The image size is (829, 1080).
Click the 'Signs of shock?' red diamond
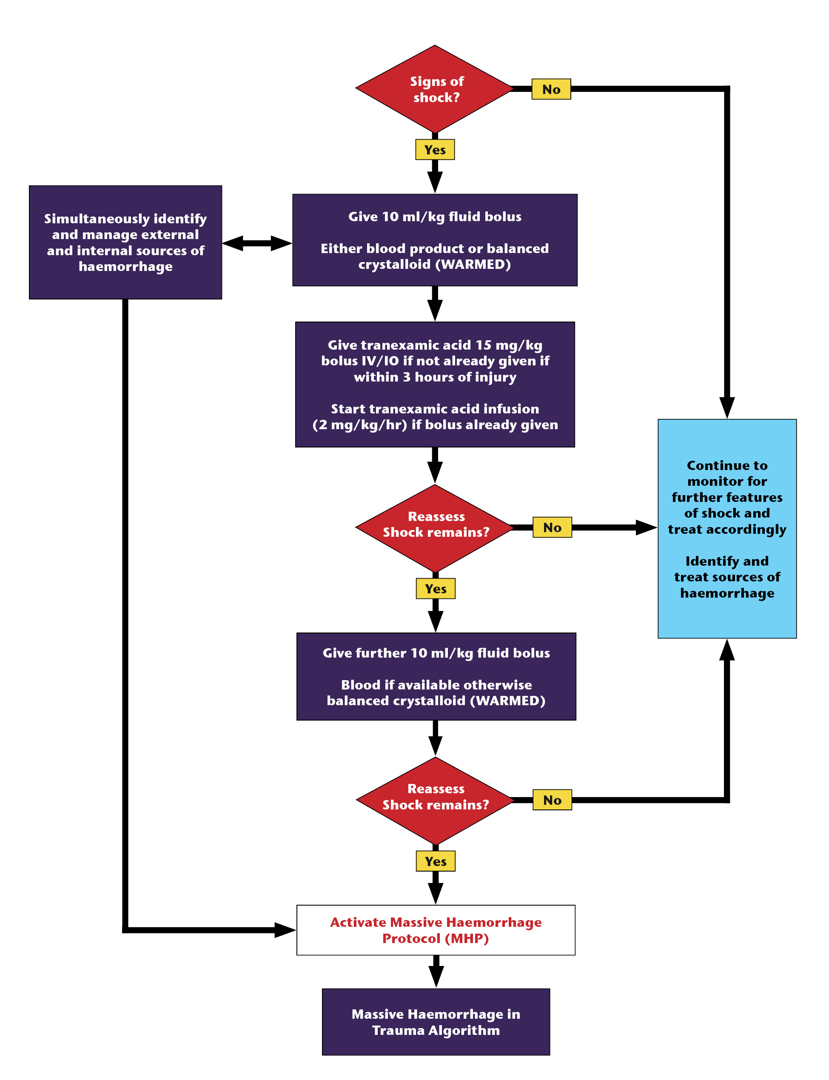(435, 89)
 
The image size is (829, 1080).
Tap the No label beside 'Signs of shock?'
(551, 89)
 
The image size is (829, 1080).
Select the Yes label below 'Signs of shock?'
(435, 149)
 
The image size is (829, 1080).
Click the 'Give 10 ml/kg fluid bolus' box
(435, 240)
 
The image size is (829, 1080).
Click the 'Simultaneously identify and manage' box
(125, 242)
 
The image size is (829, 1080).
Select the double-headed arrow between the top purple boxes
(256, 243)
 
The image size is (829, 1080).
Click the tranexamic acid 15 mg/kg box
(435, 385)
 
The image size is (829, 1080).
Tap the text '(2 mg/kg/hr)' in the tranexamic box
(360, 425)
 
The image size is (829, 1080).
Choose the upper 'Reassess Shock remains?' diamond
(435, 528)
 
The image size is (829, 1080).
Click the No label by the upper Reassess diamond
(552, 527)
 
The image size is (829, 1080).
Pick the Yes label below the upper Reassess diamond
(435, 589)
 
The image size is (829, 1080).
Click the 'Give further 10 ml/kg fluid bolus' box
(436, 676)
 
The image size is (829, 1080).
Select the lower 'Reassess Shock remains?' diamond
(435, 800)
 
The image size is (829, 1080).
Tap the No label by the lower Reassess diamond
(552, 800)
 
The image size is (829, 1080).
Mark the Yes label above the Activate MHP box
(435, 861)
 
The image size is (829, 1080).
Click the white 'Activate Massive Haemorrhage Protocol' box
(436, 930)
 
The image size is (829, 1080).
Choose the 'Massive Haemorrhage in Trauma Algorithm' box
(436, 1022)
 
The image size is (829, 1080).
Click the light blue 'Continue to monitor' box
(727, 528)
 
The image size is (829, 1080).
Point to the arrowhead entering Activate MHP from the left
(285, 930)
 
